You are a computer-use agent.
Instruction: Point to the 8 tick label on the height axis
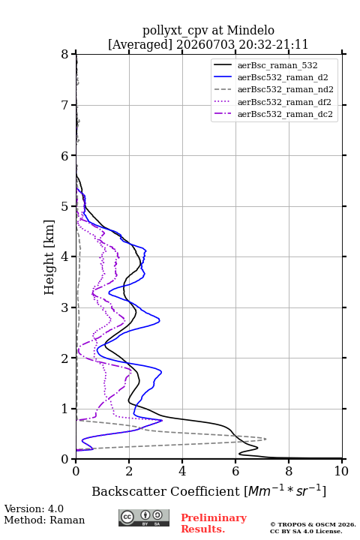65,54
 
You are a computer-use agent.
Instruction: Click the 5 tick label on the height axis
65,206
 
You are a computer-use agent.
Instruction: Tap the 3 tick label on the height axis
65,307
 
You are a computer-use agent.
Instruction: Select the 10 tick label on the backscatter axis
341,471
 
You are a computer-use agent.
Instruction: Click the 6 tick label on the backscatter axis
235,471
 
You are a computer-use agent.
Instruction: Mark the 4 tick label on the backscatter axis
182,471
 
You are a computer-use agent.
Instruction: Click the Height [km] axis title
49,257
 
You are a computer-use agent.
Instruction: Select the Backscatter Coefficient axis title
208,490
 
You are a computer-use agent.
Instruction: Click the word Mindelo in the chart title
250,30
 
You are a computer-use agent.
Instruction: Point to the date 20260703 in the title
205,44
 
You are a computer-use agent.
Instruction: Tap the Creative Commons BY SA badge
144,517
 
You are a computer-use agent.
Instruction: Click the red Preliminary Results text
214,523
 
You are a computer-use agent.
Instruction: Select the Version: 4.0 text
34,508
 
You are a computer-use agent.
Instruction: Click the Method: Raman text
44,520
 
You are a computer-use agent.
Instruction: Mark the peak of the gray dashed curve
266,439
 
